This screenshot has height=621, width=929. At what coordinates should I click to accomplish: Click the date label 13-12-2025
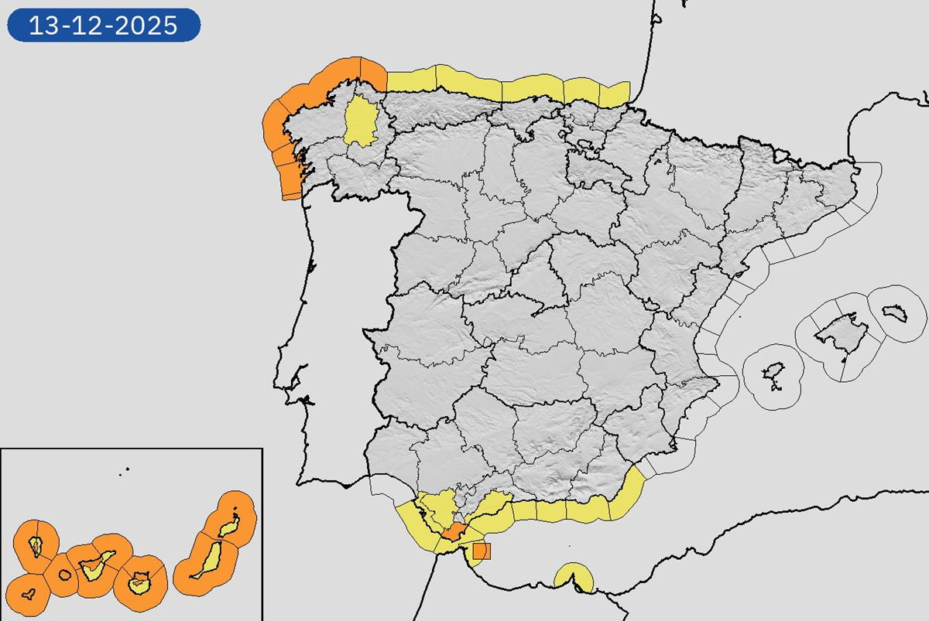pyautogui.click(x=104, y=26)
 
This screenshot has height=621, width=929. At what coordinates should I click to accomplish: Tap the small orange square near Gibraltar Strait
pyautogui.click(x=482, y=551)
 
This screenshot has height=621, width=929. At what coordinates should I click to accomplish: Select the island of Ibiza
pyautogui.click(x=773, y=377)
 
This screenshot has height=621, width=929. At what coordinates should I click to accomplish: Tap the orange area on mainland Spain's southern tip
pyautogui.click(x=451, y=533)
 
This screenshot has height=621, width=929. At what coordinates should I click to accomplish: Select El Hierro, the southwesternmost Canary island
pyautogui.click(x=29, y=595)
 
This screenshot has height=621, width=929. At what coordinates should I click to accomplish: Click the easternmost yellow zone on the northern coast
pyautogui.click(x=615, y=94)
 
